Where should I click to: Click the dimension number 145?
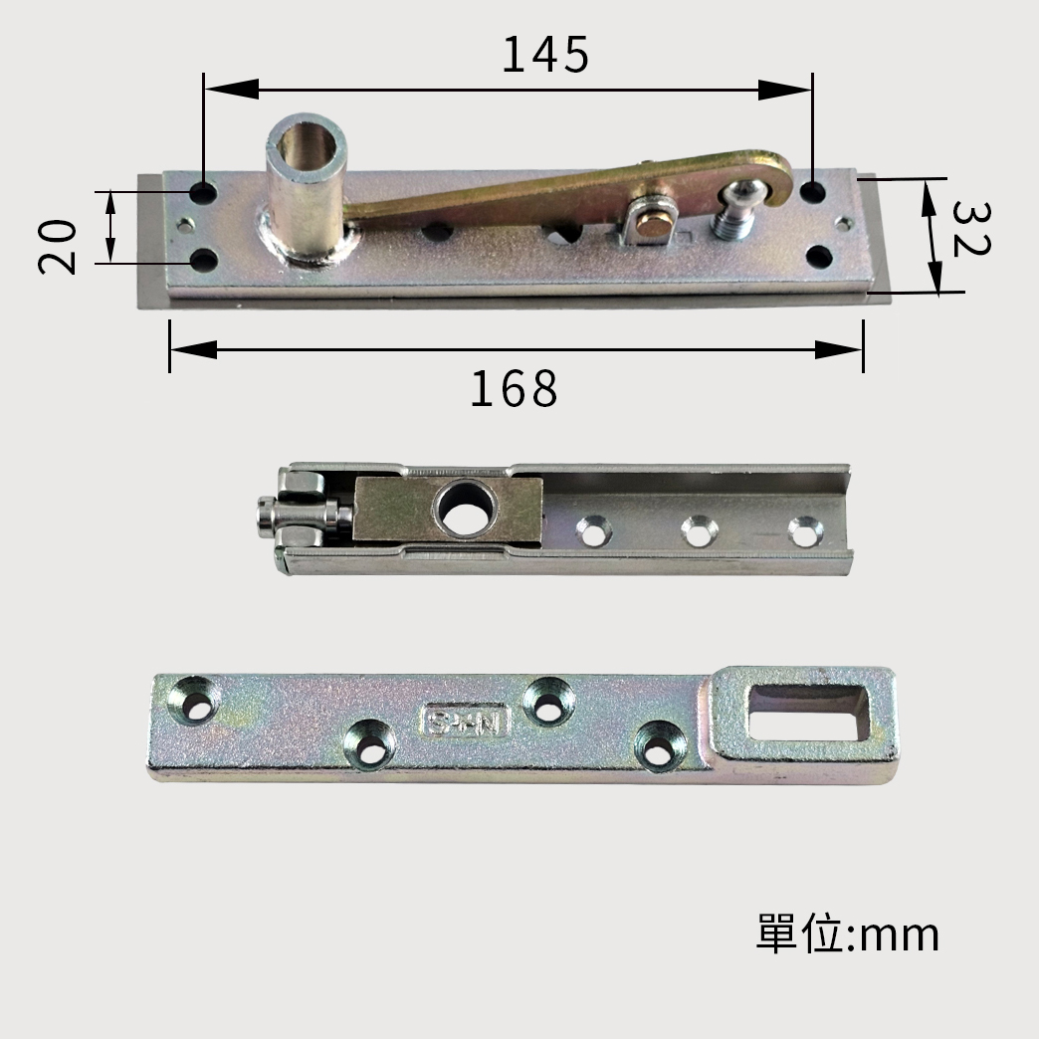[545, 55]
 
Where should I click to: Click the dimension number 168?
[515, 389]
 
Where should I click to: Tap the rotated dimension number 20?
[58, 247]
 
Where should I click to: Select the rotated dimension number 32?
[970, 229]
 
